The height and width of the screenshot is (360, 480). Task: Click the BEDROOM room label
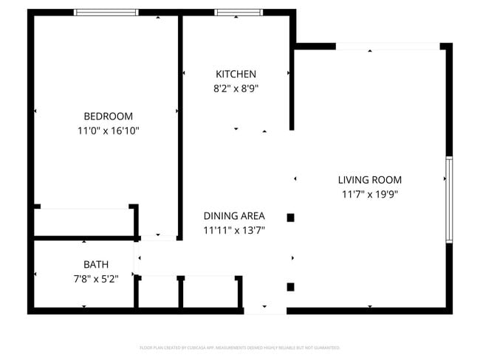[108, 116]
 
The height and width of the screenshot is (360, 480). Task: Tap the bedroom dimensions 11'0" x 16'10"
[108, 131]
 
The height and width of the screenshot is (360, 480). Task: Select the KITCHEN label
[236, 74]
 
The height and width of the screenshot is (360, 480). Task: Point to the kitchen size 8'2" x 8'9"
[236, 88]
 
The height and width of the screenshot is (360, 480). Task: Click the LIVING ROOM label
[369, 180]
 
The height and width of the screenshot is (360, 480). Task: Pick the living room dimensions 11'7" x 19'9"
[369, 194]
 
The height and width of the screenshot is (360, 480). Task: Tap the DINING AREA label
[234, 216]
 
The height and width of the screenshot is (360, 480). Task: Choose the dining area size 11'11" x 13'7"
[234, 230]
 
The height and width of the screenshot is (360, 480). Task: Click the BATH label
[96, 264]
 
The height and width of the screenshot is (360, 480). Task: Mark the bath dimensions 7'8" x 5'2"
[96, 278]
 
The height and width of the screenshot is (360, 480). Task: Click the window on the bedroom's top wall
[106, 13]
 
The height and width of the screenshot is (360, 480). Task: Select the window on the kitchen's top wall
[233, 13]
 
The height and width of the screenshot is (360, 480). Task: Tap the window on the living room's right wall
[448, 199]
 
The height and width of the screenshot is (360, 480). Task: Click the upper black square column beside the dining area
[291, 218]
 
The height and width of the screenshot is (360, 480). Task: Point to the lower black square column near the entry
[291, 287]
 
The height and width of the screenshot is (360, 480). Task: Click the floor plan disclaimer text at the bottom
[239, 347]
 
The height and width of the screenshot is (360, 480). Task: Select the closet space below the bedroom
[83, 222]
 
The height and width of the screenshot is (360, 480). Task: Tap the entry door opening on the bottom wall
[264, 311]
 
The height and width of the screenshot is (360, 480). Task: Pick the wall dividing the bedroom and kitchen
[180, 125]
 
